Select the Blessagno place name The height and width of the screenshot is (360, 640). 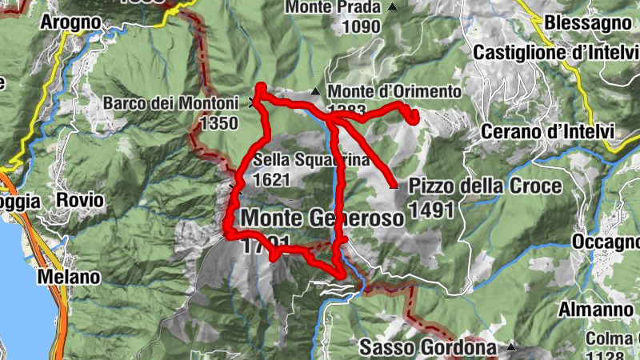(x=590, y=23)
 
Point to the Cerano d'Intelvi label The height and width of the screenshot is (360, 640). (x=548, y=131)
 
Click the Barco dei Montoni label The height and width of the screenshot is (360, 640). (x=170, y=103)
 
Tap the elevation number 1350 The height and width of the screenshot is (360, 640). (x=220, y=123)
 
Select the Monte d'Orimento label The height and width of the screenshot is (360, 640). (x=394, y=91)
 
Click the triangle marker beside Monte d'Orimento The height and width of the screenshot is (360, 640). (x=317, y=91)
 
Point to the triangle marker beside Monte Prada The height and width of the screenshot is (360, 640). (x=393, y=7)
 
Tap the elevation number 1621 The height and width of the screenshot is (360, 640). (x=270, y=179)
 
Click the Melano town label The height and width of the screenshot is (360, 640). (x=72, y=277)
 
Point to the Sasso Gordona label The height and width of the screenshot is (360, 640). (x=430, y=347)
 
